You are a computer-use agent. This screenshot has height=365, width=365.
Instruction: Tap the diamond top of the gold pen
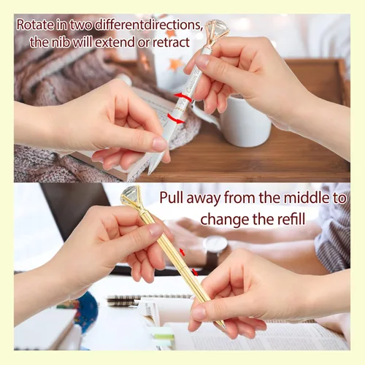pos(131,198)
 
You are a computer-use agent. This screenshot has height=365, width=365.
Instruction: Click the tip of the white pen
pos(148,174)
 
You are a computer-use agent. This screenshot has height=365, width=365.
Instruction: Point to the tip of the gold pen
pos(224,327)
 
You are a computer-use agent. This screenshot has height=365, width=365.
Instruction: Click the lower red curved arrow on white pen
pos(176,118)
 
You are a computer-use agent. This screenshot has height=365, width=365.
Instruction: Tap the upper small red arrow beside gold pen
pos(182,252)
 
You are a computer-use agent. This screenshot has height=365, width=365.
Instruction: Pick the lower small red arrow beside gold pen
pos(195,272)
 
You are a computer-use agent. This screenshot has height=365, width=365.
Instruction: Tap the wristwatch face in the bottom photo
pos(215,245)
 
